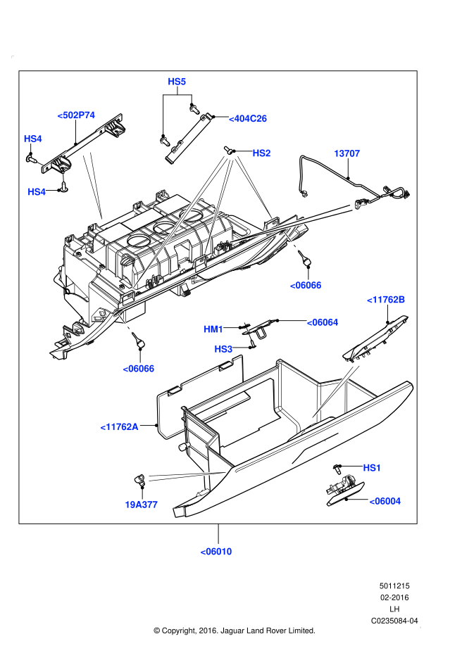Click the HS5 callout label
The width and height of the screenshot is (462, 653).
click(177, 82)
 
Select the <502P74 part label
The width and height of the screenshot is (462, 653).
click(76, 114)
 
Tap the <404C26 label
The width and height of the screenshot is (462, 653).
click(248, 119)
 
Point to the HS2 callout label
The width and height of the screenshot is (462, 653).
click(261, 153)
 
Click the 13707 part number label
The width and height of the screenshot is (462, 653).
click(346, 153)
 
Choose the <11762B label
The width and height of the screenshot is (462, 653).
click(386, 300)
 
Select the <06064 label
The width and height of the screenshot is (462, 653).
click(322, 322)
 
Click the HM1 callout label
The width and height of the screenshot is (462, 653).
click(213, 329)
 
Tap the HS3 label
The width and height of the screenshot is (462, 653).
click(223, 349)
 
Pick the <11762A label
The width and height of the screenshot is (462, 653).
click(119, 426)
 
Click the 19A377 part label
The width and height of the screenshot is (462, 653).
click(141, 505)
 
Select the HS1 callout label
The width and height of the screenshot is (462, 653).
click(372, 467)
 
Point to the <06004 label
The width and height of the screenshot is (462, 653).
click(385, 501)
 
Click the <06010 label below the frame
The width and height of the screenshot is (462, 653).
click(216, 551)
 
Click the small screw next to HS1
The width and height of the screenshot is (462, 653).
click(339, 467)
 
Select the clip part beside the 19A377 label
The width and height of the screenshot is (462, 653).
click(140, 481)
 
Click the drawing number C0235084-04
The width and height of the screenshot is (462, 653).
click(394, 621)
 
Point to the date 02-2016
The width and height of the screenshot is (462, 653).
click(394, 597)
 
